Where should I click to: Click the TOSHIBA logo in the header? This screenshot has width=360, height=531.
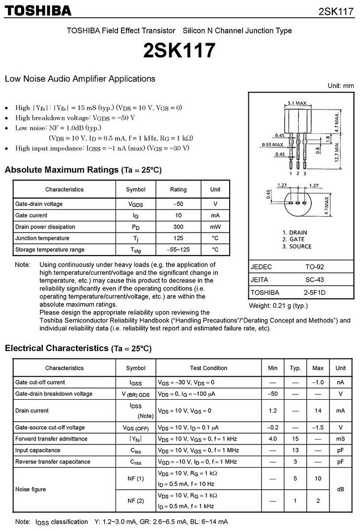click(x=38, y=11)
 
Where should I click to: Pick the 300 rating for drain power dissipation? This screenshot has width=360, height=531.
click(x=178, y=227)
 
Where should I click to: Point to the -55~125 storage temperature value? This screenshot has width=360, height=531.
click(x=178, y=250)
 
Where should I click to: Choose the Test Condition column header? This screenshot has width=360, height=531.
click(x=209, y=368)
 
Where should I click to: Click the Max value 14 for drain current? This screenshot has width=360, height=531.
click(x=318, y=411)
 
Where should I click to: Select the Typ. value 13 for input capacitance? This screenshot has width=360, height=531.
click(x=295, y=450)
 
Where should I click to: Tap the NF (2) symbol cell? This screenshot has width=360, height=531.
click(x=136, y=501)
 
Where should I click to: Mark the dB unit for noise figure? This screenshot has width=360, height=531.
click(x=340, y=490)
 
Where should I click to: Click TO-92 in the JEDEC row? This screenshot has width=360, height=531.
click(x=315, y=267)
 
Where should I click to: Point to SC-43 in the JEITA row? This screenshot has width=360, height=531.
click(x=315, y=280)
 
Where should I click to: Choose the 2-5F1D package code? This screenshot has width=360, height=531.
click(x=315, y=293)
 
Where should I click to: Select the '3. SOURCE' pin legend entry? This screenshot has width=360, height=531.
click(x=297, y=246)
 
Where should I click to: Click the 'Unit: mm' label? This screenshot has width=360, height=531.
click(x=341, y=86)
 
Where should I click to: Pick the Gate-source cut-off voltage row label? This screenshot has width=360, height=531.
click(x=50, y=427)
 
